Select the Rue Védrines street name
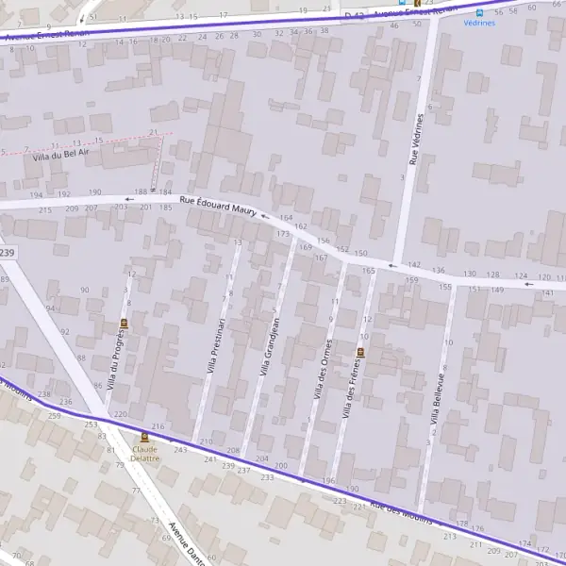click(415, 141)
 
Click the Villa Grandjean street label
click(269, 347)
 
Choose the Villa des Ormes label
click(322, 367)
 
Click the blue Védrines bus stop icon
click(479, 12)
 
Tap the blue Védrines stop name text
click(479, 24)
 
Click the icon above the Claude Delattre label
click(144, 438)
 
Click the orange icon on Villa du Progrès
click(123, 323)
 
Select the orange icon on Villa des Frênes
click(359, 353)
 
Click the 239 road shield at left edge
click(8, 253)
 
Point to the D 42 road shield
click(355, 16)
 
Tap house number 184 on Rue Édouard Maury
click(166, 191)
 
